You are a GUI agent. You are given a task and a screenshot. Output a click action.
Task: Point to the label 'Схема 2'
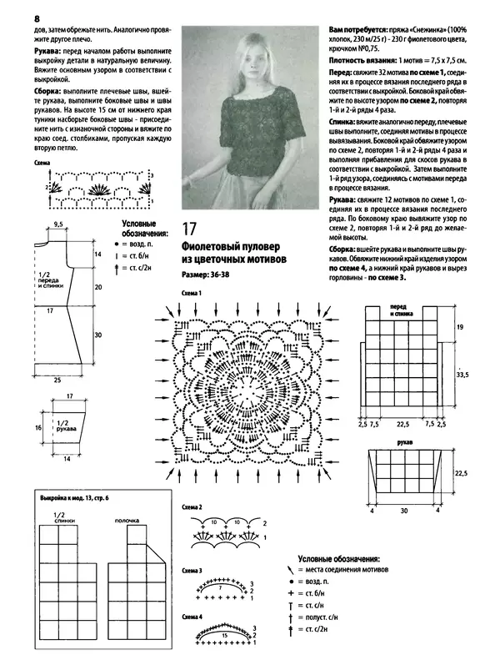192,507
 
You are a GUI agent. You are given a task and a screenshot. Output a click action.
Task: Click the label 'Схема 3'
192,571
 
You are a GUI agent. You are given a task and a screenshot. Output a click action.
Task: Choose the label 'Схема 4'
192,617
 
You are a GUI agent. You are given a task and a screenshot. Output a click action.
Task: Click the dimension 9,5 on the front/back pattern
59,224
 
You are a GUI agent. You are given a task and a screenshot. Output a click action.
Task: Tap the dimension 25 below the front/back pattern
56,380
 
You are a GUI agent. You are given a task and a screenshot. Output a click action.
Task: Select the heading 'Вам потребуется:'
355,29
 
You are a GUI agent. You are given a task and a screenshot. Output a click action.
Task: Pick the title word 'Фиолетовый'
213,247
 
